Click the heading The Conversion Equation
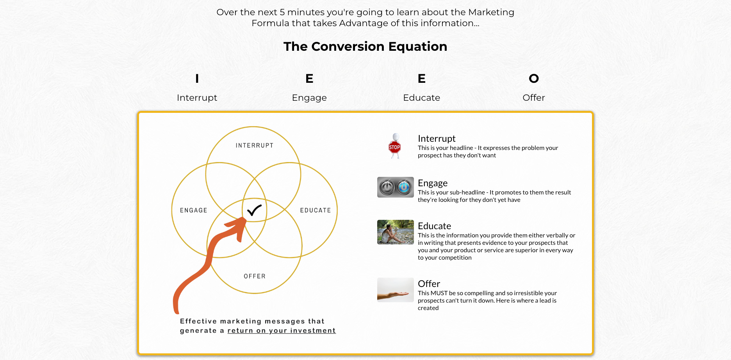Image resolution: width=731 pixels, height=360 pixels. [x=365, y=46]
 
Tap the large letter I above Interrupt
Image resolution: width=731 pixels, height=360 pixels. [x=197, y=78]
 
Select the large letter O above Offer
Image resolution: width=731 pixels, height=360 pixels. [x=534, y=78]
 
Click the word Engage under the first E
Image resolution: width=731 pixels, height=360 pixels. [x=309, y=98]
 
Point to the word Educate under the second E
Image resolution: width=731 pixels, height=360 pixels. [x=422, y=98]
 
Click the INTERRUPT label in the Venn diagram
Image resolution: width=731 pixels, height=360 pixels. [x=255, y=145]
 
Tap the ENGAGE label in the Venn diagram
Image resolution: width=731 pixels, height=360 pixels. [x=194, y=210]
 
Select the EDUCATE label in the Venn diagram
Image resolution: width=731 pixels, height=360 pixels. [x=316, y=210]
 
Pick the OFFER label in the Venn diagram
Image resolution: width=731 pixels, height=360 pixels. [x=255, y=276]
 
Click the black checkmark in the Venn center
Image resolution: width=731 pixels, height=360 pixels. [x=254, y=210]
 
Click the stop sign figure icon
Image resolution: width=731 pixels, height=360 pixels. [x=395, y=146]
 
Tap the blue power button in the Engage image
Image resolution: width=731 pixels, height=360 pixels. [x=404, y=187]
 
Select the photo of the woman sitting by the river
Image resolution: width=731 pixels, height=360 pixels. [x=396, y=232]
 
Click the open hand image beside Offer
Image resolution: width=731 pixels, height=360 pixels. [x=396, y=290]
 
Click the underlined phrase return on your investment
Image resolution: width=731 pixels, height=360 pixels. [x=282, y=331]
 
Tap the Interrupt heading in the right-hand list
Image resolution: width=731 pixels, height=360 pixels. [x=437, y=139]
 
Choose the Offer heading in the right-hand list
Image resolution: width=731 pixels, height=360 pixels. [x=429, y=284]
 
